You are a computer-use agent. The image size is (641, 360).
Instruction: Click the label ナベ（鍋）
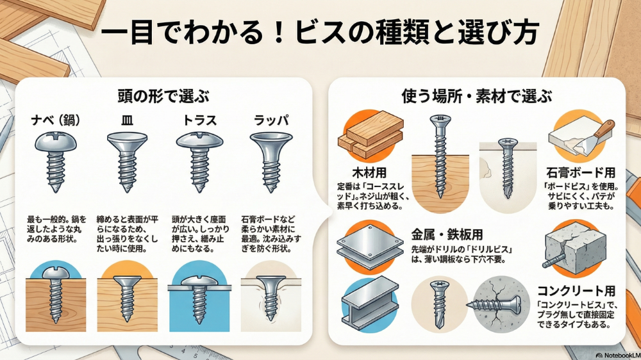pos(56,120)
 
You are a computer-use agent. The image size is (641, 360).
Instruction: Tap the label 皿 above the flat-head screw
pos(127,120)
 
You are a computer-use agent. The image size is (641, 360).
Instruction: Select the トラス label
pos(199,120)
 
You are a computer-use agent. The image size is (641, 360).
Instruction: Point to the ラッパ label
pos(271,120)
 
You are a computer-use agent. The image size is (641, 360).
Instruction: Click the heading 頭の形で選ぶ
pos(163,97)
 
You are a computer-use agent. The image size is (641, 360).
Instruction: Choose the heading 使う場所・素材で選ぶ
pos(477,97)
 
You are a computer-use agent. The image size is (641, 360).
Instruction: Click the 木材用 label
pos(370,173)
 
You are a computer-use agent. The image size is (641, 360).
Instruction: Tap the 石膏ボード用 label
pos(581,173)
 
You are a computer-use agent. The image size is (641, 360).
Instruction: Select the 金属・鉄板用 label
pos(447,234)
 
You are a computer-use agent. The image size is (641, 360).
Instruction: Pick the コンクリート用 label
pos(576,291)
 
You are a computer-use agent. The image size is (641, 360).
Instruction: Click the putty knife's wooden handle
pos(605,128)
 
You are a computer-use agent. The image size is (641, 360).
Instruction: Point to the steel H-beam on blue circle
pos(370,303)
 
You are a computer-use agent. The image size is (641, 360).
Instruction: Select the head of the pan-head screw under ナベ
pos(55,142)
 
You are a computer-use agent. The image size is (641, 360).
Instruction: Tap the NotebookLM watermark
pos(618,356)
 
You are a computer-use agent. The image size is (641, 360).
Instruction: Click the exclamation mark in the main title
pos(279,32)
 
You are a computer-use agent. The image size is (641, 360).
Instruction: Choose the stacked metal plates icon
pos(370,245)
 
